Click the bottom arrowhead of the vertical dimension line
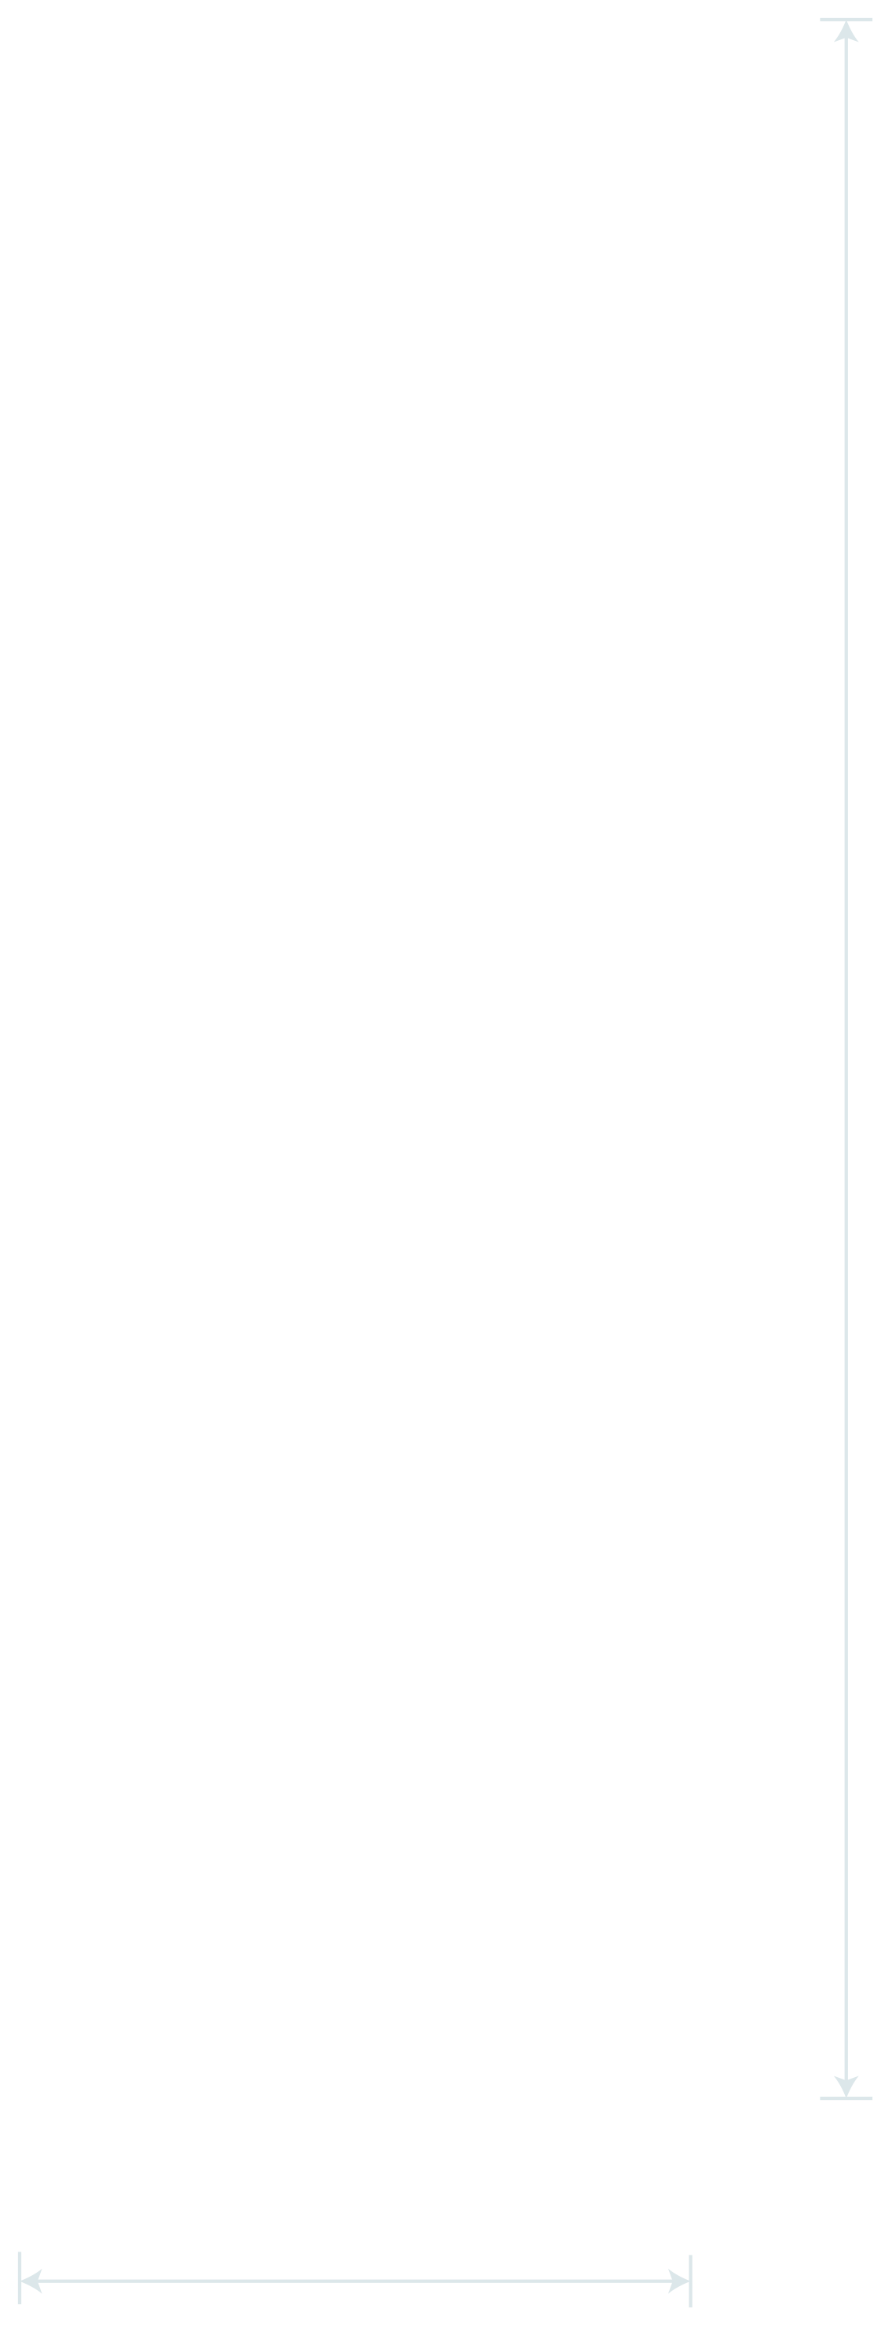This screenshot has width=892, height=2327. (846, 2086)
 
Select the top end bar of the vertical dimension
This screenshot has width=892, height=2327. (846, 19)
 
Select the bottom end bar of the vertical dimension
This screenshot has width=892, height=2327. (846, 2098)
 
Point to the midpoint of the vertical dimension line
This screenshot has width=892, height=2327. (846, 1058)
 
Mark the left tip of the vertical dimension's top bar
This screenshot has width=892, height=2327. (821, 19)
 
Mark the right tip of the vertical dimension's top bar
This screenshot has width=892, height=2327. (872, 19)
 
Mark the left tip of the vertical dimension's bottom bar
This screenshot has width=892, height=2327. (821, 2098)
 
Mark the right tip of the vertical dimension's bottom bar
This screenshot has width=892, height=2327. (872, 2098)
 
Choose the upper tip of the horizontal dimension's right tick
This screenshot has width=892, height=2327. (691, 2256)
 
